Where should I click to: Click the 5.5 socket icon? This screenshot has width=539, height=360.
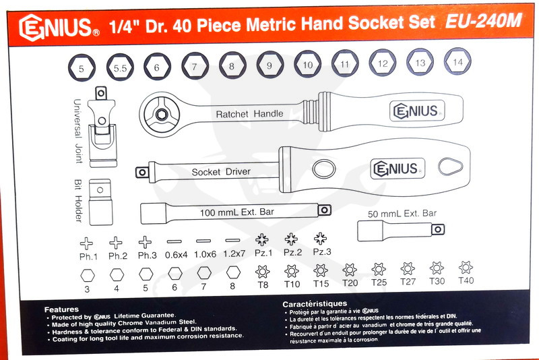(x=120, y=67)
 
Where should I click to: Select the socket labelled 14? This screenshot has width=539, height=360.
(x=458, y=62)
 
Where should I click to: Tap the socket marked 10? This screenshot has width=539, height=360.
(x=307, y=65)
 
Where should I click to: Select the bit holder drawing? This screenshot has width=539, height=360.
(x=100, y=200)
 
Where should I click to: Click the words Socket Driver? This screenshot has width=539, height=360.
(x=221, y=172)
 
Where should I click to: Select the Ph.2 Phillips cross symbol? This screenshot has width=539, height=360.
(x=117, y=241)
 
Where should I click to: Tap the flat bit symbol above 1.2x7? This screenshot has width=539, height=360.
(x=232, y=241)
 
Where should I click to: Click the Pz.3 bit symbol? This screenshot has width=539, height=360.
(x=320, y=239)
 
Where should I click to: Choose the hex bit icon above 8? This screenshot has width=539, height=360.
(x=232, y=274)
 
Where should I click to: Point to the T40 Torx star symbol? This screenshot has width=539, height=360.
(x=465, y=268)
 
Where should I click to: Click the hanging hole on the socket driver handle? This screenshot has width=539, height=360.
(x=451, y=166)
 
